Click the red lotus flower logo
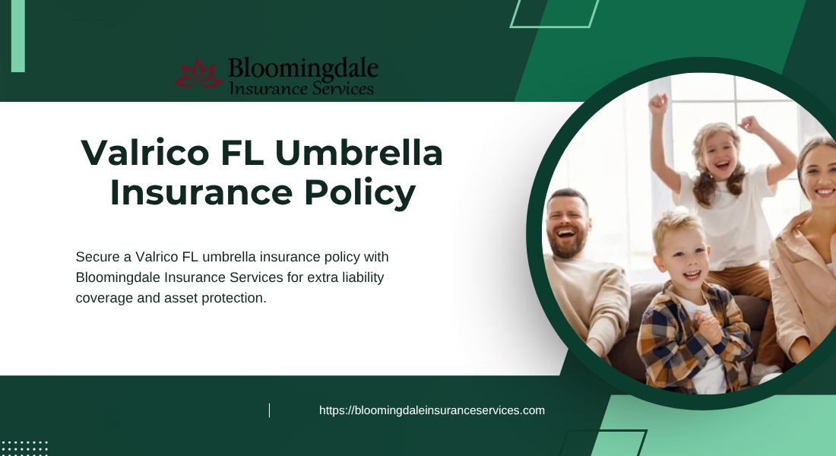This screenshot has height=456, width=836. tap(198, 74)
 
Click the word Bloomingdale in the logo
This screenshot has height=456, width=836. tap(303, 69)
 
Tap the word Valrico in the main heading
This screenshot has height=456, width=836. tap(144, 153)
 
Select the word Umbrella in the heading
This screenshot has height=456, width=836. tap(359, 153)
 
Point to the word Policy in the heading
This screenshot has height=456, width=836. tap(360, 193)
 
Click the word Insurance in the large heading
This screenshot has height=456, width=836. tap(201, 192)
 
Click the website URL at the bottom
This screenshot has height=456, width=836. tap(432, 410)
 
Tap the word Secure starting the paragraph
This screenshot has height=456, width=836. tap(97, 257)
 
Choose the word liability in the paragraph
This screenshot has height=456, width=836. tap(363, 278)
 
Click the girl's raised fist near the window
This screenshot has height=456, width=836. tap(658, 103)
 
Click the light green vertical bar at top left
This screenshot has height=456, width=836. tap(18, 36)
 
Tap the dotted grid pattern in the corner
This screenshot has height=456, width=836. tap(24, 448)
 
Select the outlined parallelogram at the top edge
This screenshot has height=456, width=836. tap(555, 14)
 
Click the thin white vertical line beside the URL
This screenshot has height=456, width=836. tap(269, 410)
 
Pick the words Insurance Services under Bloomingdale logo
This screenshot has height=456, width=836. tap(301, 88)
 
